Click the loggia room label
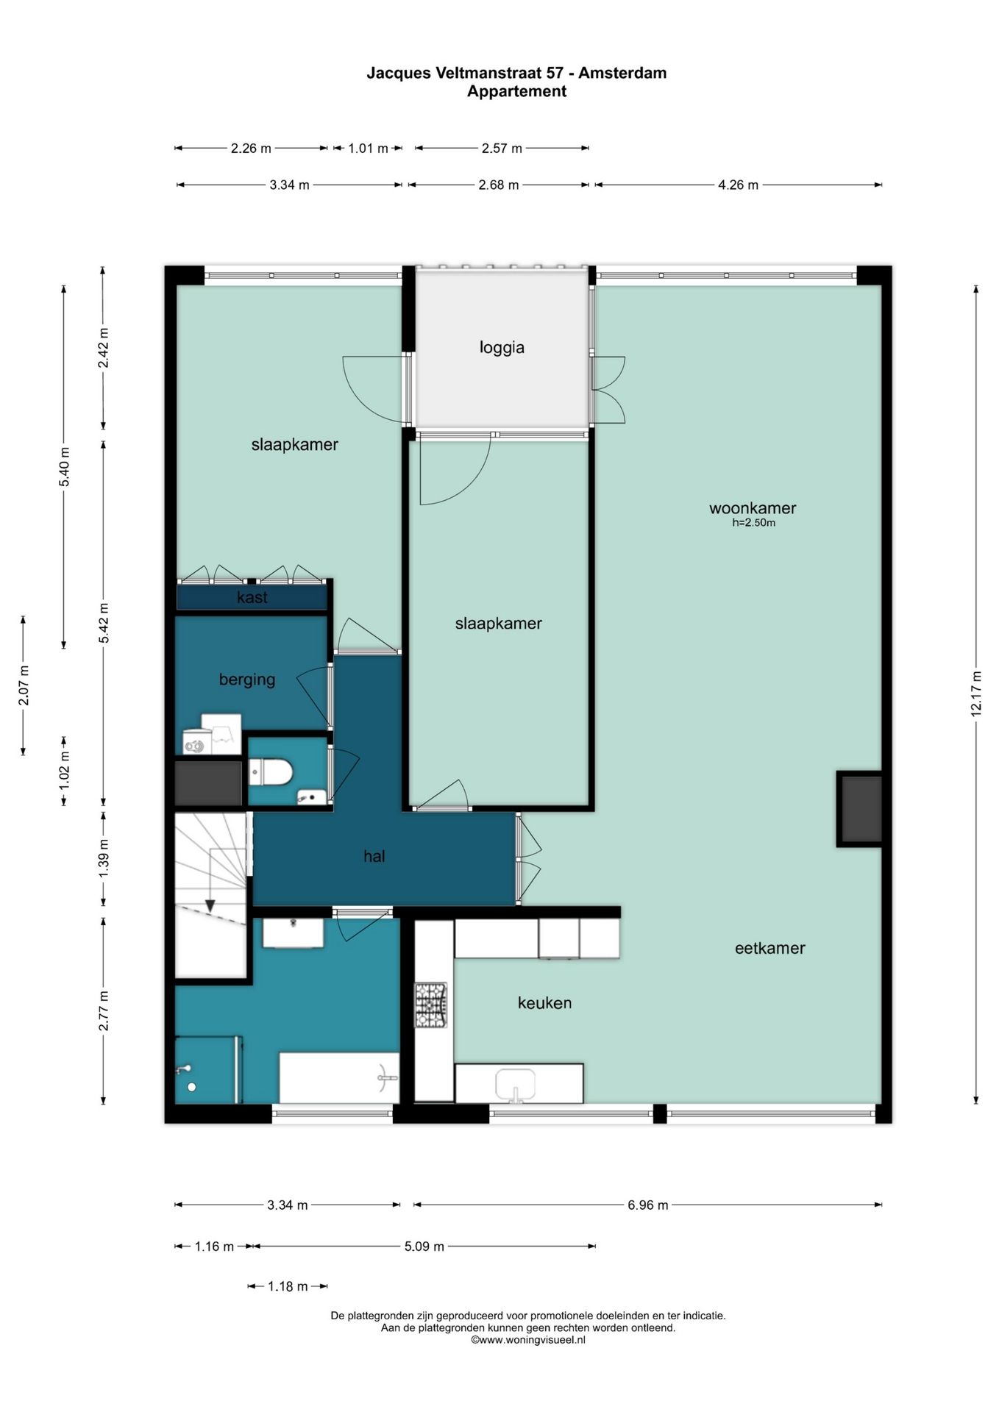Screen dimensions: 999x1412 click(502, 347)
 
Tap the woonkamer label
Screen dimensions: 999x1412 click(753, 507)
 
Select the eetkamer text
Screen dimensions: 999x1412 click(769, 948)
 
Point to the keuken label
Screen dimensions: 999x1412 click(544, 1002)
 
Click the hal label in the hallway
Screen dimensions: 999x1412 click(374, 856)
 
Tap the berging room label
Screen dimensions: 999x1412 click(247, 680)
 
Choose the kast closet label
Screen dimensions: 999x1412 click(252, 597)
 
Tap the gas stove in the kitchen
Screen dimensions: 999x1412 click(430, 1005)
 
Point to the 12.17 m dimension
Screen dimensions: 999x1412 click(976, 693)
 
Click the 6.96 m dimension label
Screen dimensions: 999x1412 click(647, 1205)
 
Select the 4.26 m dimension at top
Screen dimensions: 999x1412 click(738, 185)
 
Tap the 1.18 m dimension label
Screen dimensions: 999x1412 click(288, 1286)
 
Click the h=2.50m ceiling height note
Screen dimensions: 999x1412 click(753, 523)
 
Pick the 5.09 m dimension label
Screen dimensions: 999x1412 click(424, 1247)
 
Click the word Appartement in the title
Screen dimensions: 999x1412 click(516, 91)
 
